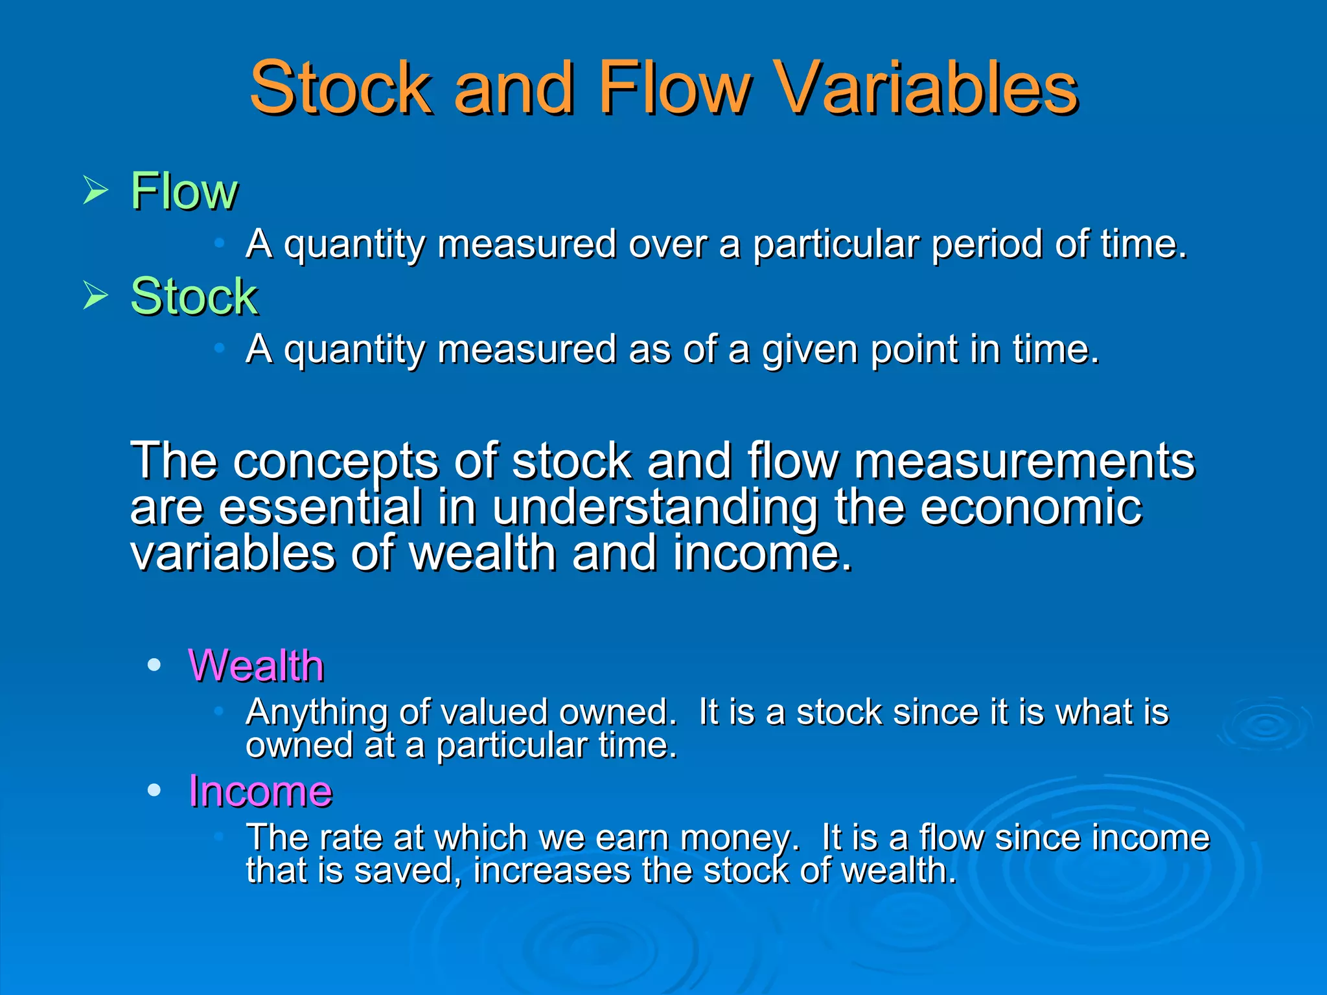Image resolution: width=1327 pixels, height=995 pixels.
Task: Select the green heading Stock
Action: point(194,296)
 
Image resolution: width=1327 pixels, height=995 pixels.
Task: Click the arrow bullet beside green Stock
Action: point(96,296)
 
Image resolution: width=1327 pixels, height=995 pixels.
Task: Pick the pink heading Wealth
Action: point(256,666)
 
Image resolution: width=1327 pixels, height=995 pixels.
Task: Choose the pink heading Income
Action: point(260,791)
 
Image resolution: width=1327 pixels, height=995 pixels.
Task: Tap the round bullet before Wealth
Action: point(154,665)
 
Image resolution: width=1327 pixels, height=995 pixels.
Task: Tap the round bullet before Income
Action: point(154,790)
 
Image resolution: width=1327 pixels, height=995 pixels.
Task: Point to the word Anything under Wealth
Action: point(317,713)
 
